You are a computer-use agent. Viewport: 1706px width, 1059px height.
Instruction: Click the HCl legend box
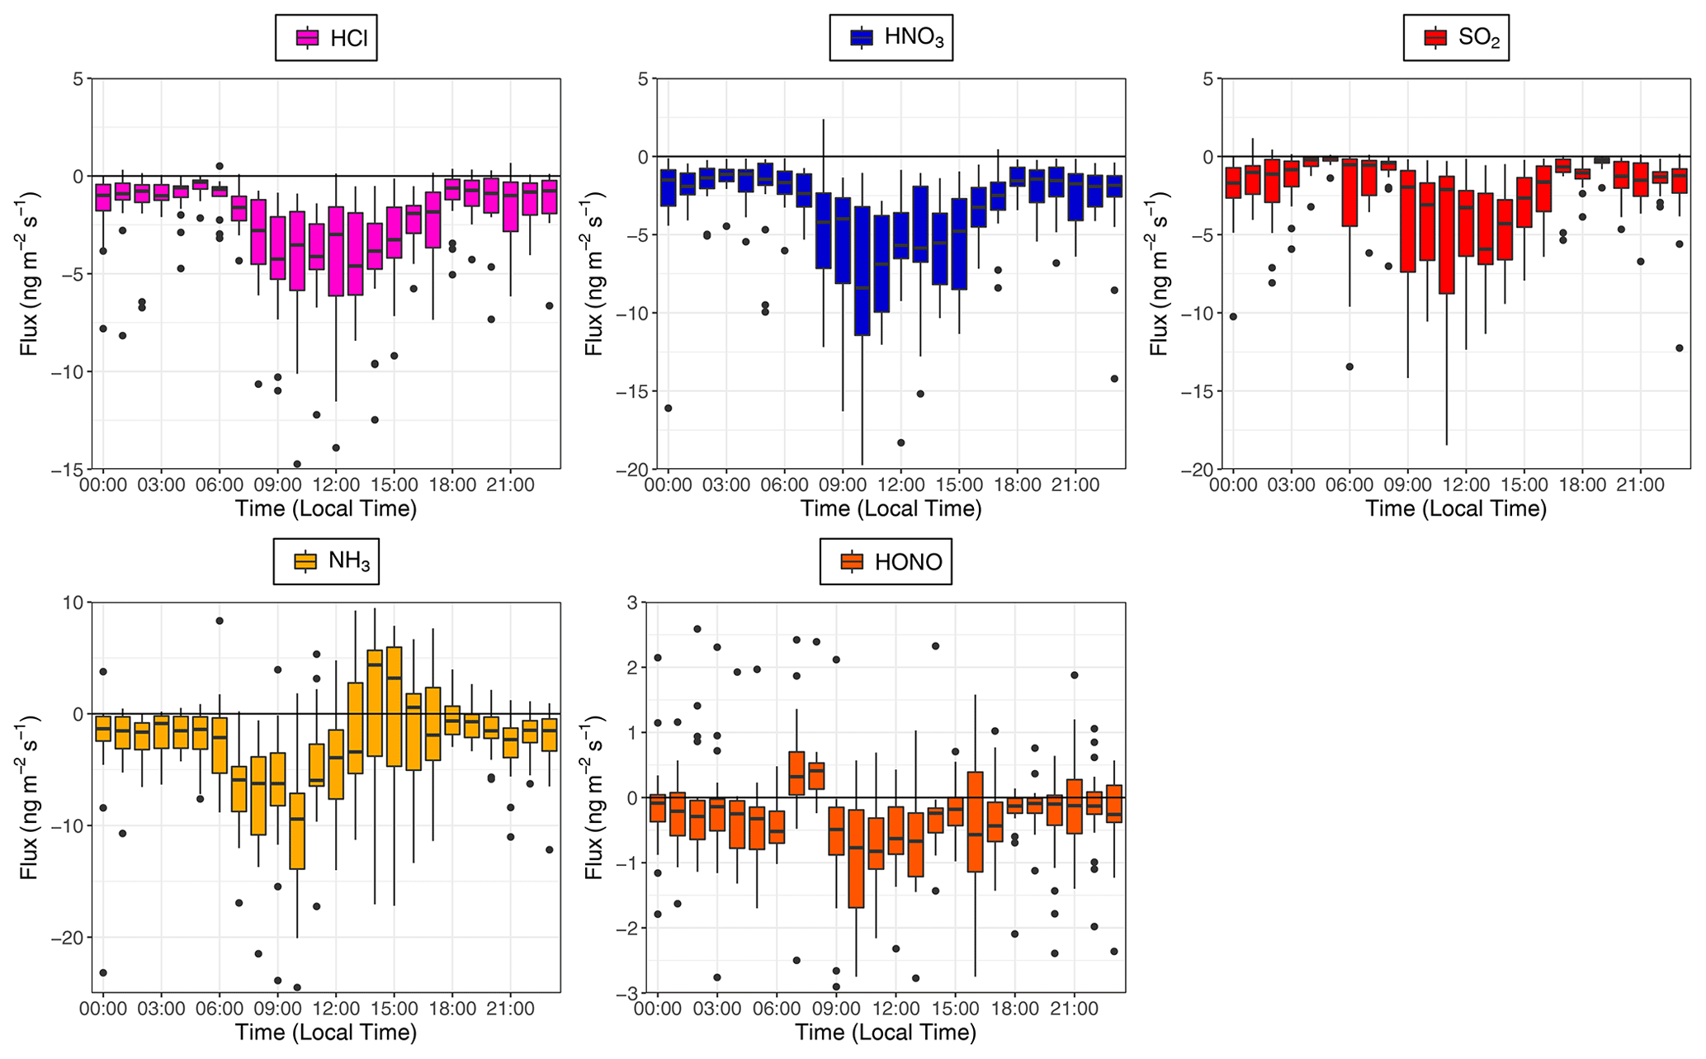[x=326, y=38]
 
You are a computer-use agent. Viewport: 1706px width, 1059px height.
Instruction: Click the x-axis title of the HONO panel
[x=886, y=1033]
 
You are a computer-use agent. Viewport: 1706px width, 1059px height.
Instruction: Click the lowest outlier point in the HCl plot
[x=297, y=464]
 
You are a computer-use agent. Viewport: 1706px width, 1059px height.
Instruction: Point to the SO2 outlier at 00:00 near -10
[x=1233, y=317]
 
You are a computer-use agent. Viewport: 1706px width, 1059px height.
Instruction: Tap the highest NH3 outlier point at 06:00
[x=220, y=621]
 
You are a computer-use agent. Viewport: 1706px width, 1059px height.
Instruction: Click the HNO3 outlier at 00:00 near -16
[x=668, y=408]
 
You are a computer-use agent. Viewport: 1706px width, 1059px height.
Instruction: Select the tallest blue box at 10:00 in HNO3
[x=862, y=271]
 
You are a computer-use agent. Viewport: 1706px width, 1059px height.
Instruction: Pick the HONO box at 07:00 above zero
[x=796, y=773]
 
